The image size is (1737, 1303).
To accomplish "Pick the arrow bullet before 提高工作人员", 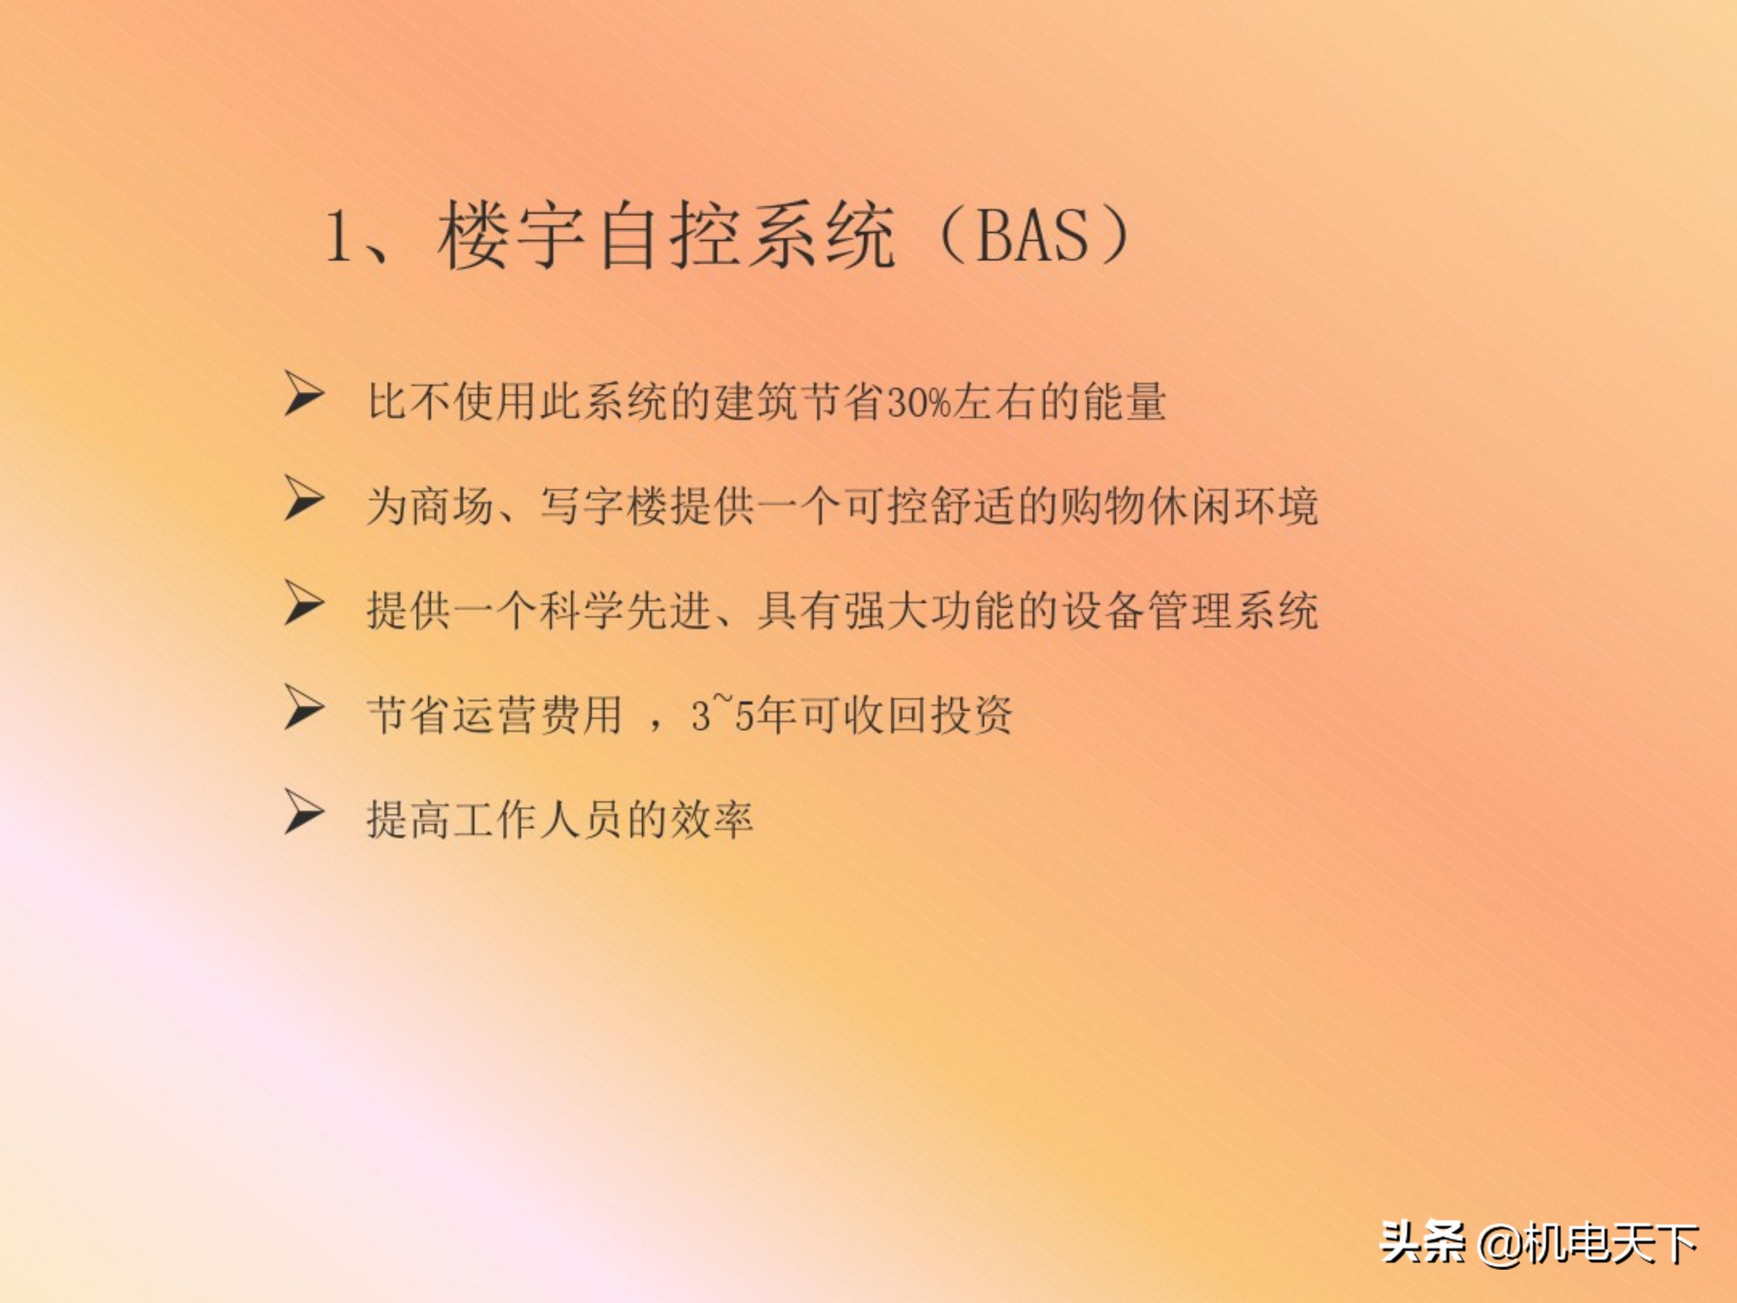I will tap(305, 813).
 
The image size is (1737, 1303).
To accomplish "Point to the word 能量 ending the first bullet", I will tap(1124, 403).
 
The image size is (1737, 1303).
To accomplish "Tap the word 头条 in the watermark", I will tap(1422, 1243).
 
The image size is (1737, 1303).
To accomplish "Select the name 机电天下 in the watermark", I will tap(1612, 1243).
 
